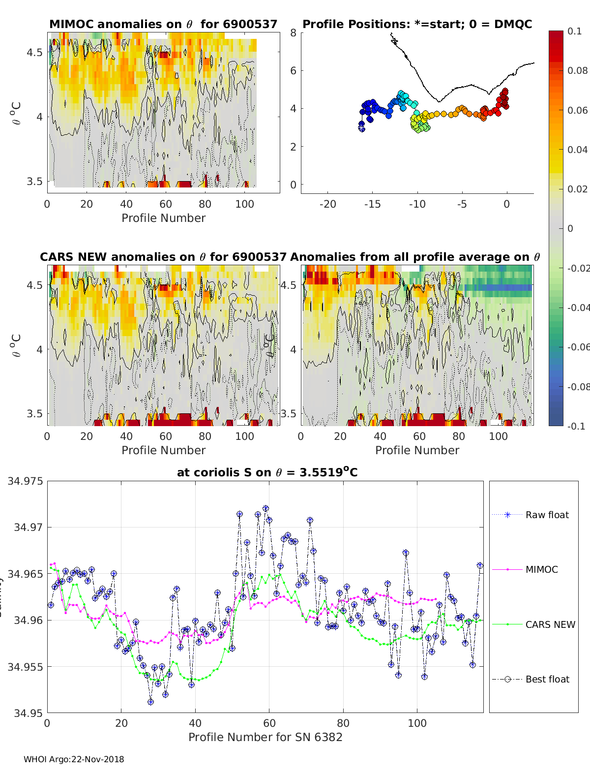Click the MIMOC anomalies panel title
pos(163,24)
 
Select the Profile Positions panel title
pos(417,24)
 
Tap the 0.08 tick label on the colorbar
pos(577,70)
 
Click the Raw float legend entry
pos(547,515)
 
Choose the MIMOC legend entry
pos(541,569)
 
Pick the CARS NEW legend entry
pos(550,624)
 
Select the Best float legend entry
pos(547,679)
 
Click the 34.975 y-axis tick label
pos(25,481)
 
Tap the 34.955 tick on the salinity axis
pos(25,667)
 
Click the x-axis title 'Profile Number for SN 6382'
pos(265,737)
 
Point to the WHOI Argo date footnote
pos(74,759)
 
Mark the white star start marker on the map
pos(361,128)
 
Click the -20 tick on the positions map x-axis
pos(328,204)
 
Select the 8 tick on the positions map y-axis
pos(294,32)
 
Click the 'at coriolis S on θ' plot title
pos(267,472)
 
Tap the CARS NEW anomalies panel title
pos(163,257)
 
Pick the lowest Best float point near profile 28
pos(150,702)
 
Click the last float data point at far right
pos(480,566)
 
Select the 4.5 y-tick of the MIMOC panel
pos(34,52)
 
